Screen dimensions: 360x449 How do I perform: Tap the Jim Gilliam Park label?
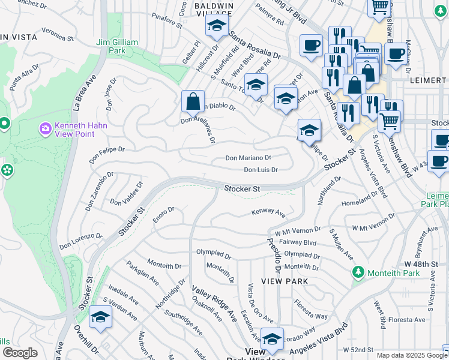click(117, 47)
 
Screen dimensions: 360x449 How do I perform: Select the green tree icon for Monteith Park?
click(358, 272)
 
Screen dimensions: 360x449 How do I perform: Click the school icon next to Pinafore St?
click(216, 25)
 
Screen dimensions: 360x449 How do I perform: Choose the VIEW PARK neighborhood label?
click(285, 281)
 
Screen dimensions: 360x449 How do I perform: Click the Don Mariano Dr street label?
click(248, 158)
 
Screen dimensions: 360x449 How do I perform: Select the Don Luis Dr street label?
click(261, 170)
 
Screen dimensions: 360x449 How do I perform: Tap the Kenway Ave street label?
click(268, 212)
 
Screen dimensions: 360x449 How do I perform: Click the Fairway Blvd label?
click(301, 242)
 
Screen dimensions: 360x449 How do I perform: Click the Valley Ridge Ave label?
click(214, 304)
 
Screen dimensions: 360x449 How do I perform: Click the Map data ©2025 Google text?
click(411, 355)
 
